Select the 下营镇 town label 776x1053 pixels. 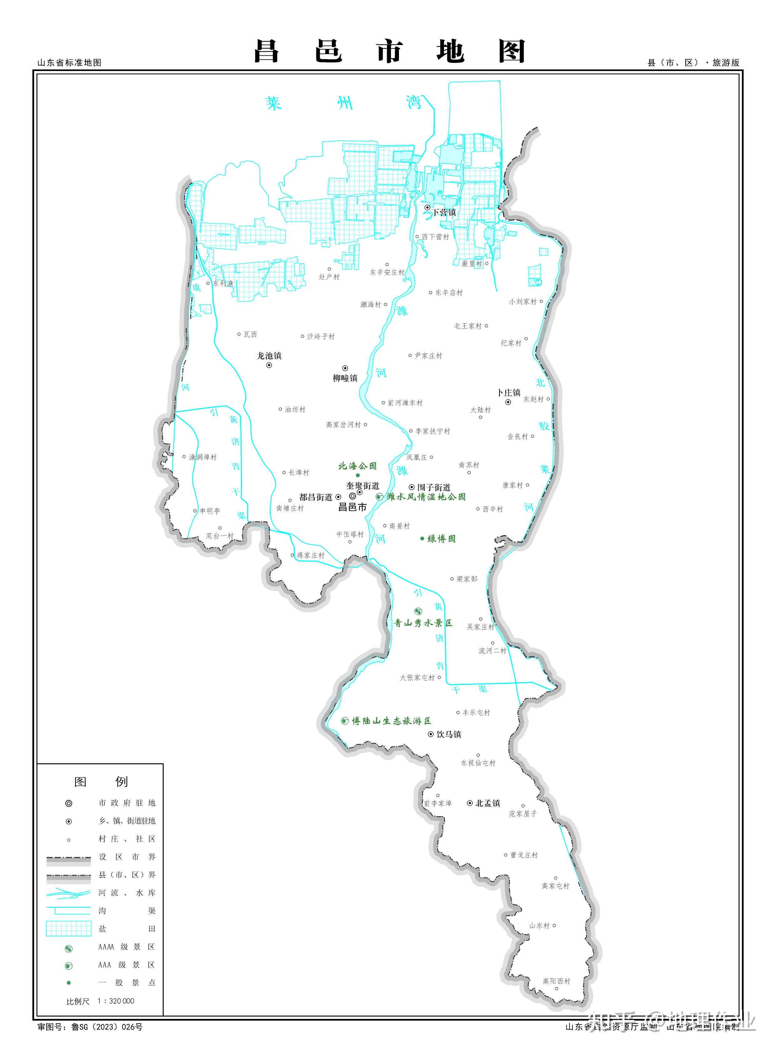coord(444,212)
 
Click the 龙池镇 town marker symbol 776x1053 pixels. coord(269,365)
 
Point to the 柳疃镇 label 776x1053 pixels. coord(345,378)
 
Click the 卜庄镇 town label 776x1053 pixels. coord(509,393)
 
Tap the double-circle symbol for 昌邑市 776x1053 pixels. coord(352,496)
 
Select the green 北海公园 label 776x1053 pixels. coord(357,466)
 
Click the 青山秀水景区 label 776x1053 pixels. coord(423,623)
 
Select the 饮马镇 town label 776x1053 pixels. coord(449,734)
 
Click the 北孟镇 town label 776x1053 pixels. coord(488,803)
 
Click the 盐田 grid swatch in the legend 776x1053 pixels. coord(69,928)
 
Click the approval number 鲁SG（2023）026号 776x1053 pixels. coord(107,1027)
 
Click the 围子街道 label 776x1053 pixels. coord(434,487)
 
